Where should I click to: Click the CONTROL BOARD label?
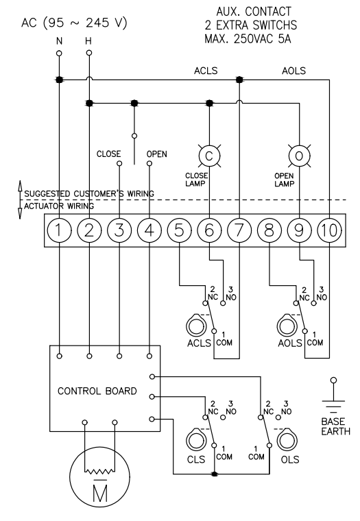point(97,391)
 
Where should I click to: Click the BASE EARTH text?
point(336,426)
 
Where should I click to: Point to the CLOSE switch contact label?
point(109,154)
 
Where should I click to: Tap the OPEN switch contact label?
point(157,154)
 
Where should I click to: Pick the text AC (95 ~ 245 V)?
point(74,23)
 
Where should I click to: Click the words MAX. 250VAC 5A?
point(248,39)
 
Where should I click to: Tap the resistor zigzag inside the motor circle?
point(99,471)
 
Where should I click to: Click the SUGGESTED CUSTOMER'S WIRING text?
point(89,193)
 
